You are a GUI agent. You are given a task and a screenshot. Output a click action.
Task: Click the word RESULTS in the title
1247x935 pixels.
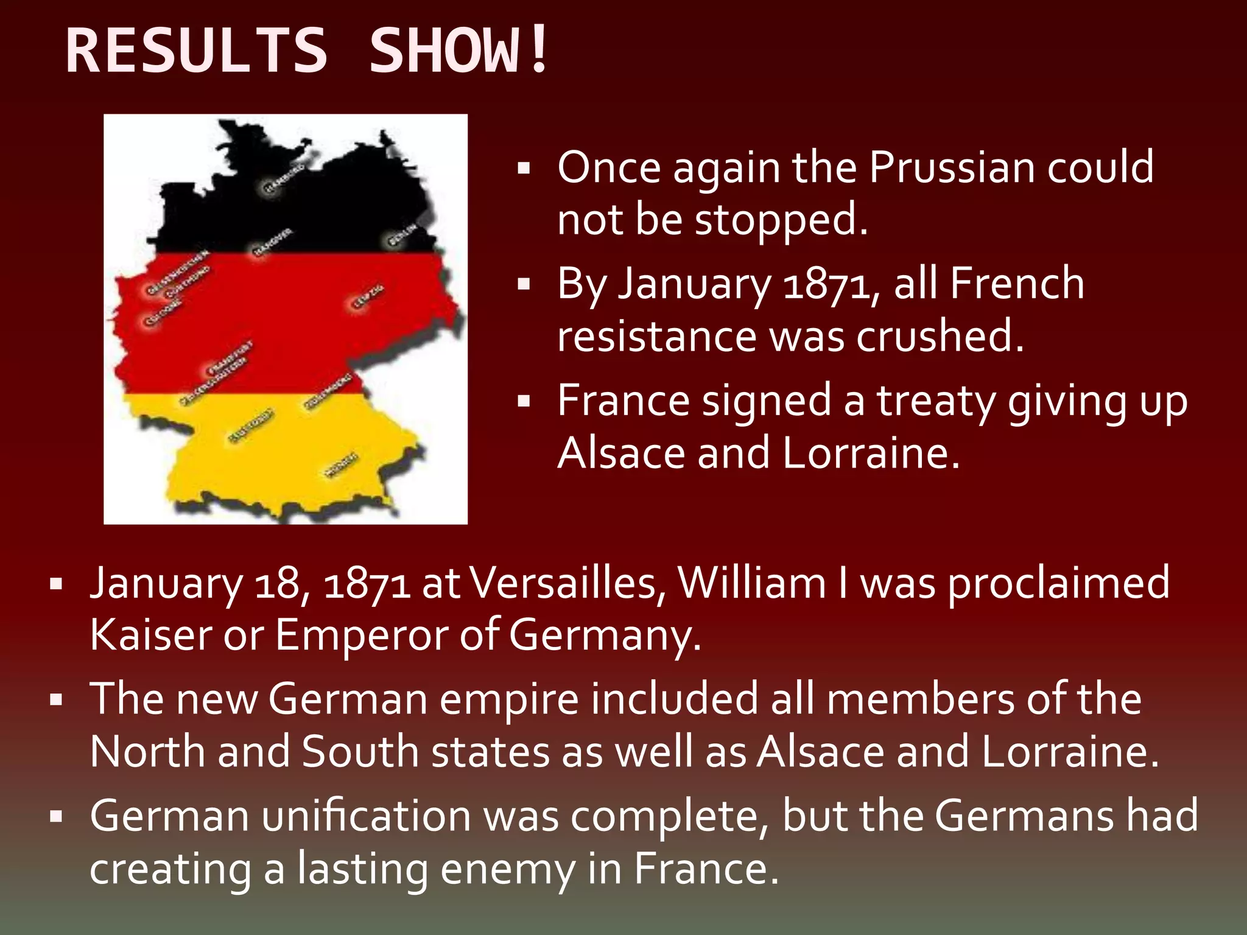(x=196, y=51)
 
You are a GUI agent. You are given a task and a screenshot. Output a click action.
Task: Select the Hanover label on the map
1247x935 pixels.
(x=272, y=242)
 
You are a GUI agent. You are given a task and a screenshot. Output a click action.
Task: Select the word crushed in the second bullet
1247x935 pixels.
(x=940, y=336)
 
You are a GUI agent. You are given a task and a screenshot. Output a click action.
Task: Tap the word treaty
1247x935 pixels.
(x=935, y=402)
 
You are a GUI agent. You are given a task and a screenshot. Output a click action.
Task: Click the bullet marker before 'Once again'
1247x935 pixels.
(x=523, y=168)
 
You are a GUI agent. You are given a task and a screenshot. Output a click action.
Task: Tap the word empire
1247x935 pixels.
(x=509, y=699)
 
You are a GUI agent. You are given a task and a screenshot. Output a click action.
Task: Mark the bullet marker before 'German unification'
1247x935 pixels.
(x=57, y=816)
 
